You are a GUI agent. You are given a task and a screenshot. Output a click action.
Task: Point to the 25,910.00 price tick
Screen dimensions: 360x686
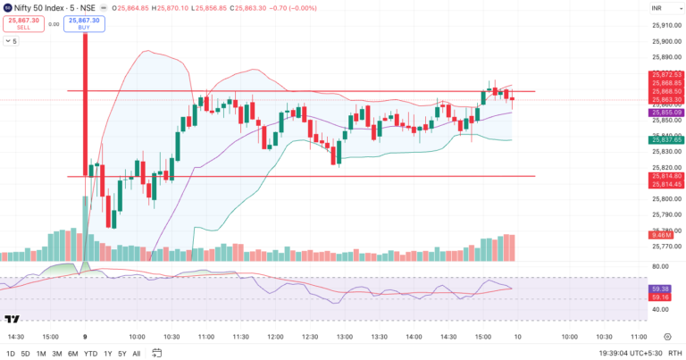(x=665, y=25)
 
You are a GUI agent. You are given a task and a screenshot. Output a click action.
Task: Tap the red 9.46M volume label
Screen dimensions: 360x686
(x=665, y=237)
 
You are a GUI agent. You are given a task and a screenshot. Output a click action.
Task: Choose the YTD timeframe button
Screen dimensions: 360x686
(x=90, y=354)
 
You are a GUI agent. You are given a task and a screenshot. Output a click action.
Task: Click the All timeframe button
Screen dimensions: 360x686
(x=136, y=354)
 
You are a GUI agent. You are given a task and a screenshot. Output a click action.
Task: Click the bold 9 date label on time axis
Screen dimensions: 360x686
(x=86, y=338)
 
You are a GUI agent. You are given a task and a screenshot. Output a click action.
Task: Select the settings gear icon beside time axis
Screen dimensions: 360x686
(x=667, y=338)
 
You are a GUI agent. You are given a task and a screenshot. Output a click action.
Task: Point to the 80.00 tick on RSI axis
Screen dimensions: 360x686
(x=661, y=267)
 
